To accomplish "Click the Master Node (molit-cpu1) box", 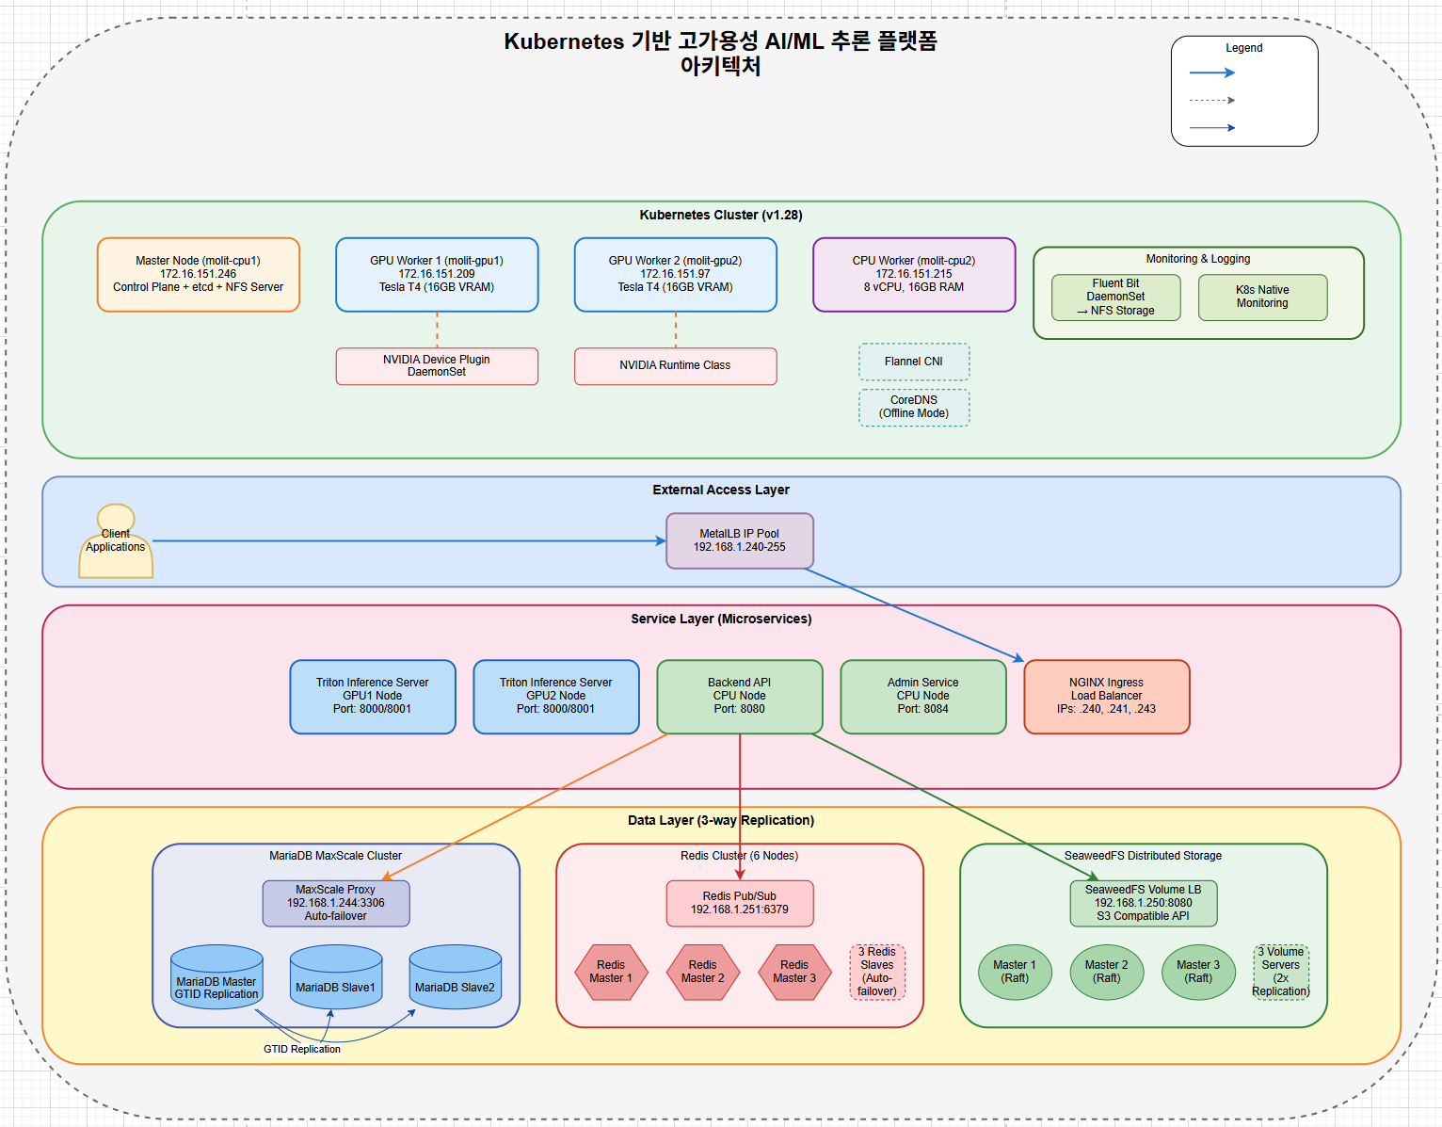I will coord(198,274).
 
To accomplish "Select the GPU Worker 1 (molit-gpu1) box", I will coord(437,274).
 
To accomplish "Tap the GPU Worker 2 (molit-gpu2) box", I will coord(675,274).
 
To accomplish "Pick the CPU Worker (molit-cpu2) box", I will coord(914,274).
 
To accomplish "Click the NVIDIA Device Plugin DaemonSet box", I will coord(437,366).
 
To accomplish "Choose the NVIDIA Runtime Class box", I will coord(675,366).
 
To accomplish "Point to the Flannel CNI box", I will coord(914,362).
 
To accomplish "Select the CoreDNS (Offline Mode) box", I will coord(914,407).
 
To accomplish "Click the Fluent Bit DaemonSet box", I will coord(1115,298).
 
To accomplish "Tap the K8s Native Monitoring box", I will coord(1262,298).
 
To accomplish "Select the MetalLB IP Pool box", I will coord(740,540).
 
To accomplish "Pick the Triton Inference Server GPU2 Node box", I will coord(555,697).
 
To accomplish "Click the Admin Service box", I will coord(922,697).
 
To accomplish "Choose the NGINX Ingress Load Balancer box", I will coord(1106,697).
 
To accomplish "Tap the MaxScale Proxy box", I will coord(335,903).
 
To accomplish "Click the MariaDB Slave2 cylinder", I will coord(455,979).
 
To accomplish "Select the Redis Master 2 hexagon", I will coord(702,972).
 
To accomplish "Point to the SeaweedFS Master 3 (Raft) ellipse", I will coord(1198,972).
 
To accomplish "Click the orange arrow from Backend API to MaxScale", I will coord(527,806).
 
